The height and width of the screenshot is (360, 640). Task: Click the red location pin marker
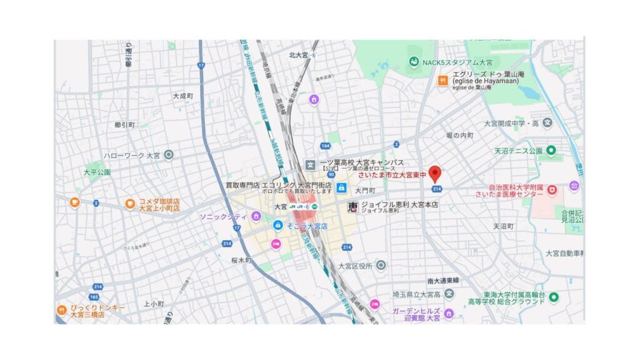(x=436, y=174)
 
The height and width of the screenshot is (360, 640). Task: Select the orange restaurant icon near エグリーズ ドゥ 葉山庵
(x=442, y=80)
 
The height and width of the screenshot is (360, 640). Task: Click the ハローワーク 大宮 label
(x=132, y=154)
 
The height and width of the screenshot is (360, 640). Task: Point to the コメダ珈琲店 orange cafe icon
(x=130, y=203)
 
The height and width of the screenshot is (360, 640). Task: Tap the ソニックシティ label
(x=223, y=216)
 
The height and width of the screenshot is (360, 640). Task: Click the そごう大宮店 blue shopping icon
(x=277, y=224)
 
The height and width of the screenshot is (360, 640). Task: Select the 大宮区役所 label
(x=354, y=266)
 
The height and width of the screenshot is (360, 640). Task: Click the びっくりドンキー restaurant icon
(x=61, y=309)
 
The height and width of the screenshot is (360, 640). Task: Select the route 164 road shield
(x=325, y=146)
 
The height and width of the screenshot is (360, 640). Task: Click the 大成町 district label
(x=183, y=96)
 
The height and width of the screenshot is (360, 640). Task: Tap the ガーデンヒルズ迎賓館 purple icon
(x=449, y=313)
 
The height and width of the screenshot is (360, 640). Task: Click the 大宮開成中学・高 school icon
(x=548, y=122)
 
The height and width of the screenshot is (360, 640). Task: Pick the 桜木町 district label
(x=240, y=259)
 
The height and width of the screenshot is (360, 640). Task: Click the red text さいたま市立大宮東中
(x=392, y=176)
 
